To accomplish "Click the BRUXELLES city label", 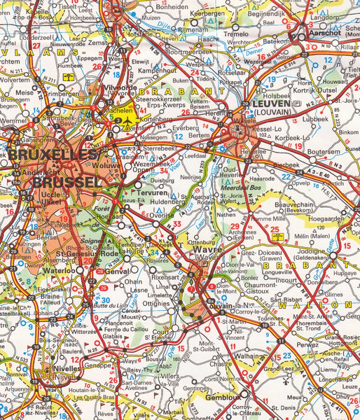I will pos(53,154).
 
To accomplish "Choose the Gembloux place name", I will pos(226,396).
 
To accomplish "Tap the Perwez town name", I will pos(309,346).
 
